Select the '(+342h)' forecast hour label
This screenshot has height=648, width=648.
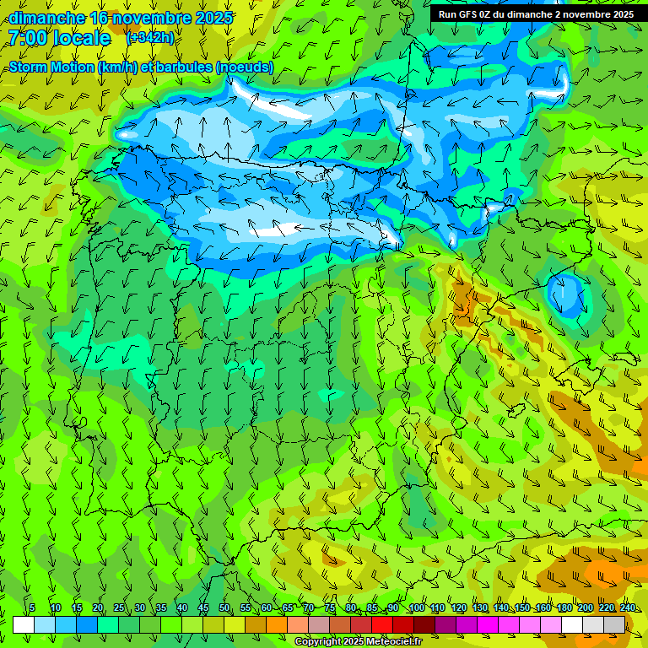coord(150,38)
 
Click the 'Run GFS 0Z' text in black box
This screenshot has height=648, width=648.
coord(466,14)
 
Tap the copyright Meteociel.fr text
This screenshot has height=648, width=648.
coord(358,642)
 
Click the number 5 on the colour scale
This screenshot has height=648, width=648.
coord(32,608)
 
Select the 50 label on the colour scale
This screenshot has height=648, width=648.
coord(224,608)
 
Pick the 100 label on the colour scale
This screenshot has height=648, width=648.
coord(417,608)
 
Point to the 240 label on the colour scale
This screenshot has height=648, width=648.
coord(628,608)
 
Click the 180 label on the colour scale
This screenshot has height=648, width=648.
coord(564,608)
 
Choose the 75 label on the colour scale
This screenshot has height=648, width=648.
coord(330,608)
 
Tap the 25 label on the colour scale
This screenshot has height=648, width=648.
coord(119,608)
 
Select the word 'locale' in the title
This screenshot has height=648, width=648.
coord(81,39)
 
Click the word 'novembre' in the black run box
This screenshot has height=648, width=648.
coord(581,14)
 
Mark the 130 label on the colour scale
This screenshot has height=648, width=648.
coord(480,608)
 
